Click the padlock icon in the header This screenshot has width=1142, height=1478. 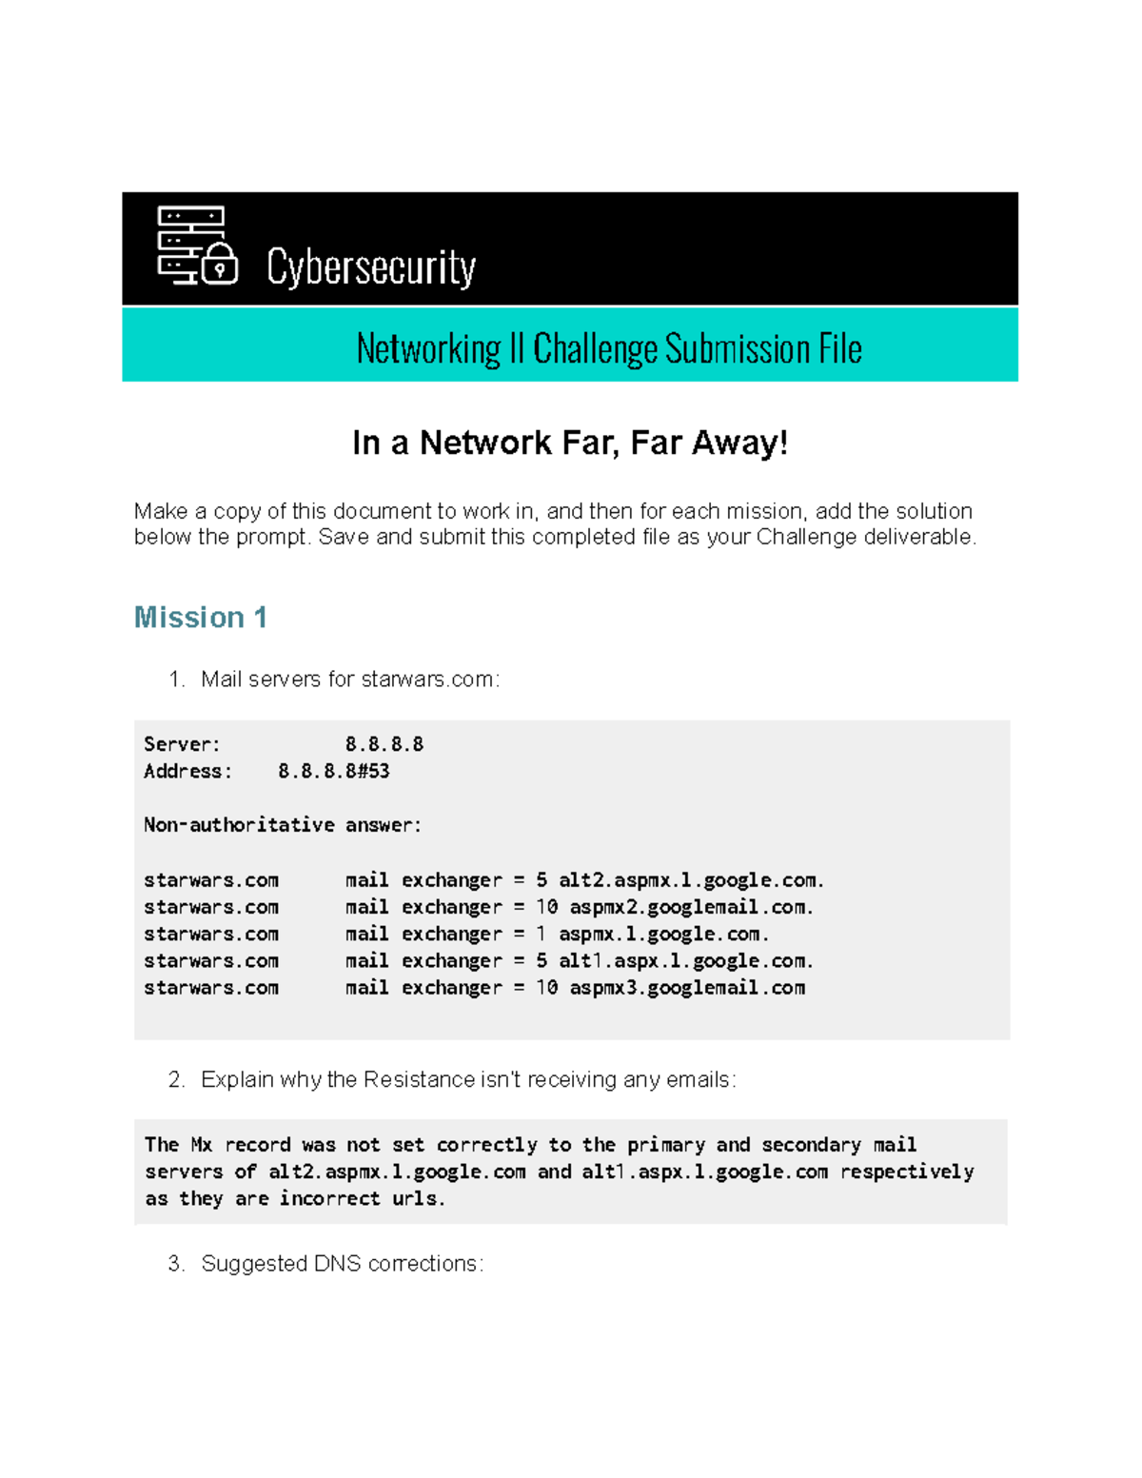tap(220, 264)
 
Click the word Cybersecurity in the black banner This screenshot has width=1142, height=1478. tap(371, 267)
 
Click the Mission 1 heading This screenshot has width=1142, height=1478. tap(201, 618)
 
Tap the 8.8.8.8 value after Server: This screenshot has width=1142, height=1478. tap(384, 744)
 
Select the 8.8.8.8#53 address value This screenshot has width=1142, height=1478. tap(333, 771)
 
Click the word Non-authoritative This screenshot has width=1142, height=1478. tap(239, 825)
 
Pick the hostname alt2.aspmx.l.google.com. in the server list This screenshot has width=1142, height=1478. tap(691, 880)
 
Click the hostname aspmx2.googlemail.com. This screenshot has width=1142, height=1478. tap(691, 907)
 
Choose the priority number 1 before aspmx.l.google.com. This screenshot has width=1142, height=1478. tap(541, 934)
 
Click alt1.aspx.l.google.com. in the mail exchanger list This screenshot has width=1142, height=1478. tap(685, 961)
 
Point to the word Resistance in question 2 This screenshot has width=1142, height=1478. tap(419, 1080)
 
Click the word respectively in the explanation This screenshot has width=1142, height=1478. tap(906, 1172)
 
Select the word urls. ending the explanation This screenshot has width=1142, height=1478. tap(419, 1199)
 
